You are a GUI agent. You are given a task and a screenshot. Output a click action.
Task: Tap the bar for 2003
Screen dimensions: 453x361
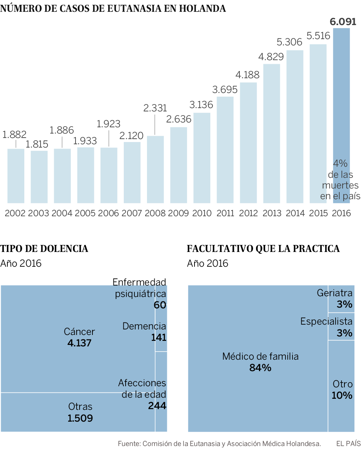(x=39, y=177)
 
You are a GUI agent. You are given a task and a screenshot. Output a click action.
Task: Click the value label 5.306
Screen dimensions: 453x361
(x=290, y=42)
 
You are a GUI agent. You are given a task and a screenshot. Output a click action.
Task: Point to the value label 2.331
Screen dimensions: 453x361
(x=155, y=108)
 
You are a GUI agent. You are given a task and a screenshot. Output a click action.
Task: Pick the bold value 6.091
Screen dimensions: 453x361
(x=343, y=21)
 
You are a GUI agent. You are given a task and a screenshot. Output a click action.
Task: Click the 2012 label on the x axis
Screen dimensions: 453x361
(x=248, y=213)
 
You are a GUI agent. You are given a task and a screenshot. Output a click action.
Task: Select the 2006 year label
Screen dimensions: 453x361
(x=109, y=213)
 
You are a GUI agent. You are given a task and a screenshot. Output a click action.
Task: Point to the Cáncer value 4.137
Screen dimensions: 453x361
(x=79, y=343)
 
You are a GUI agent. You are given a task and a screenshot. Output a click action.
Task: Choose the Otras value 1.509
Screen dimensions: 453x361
(x=80, y=418)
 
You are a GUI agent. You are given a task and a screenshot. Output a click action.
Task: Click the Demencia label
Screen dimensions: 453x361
(x=144, y=326)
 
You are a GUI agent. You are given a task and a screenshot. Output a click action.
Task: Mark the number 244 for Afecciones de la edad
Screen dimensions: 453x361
(x=157, y=406)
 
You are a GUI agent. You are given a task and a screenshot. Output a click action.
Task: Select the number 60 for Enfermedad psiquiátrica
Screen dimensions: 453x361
(x=160, y=305)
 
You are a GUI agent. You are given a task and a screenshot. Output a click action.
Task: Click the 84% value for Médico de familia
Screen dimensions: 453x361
(x=260, y=367)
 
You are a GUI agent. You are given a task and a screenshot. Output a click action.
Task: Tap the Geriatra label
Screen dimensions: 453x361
(x=334, y=293)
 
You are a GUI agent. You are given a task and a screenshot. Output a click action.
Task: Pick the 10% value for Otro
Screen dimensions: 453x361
(x=342, y=395)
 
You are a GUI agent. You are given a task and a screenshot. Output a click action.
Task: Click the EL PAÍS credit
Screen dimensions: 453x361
(x=348, y=443)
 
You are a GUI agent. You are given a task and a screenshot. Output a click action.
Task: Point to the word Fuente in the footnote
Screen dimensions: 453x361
(x=129, y=443)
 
